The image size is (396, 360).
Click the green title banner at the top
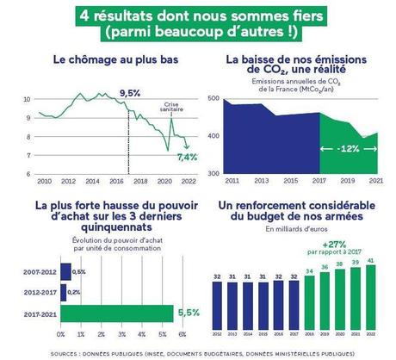click(198, 22)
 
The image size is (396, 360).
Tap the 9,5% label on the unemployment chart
click(130, 92)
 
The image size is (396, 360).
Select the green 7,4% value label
click(187, 157)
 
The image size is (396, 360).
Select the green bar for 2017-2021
click(115, 311)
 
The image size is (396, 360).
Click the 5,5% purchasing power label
click(189, 311)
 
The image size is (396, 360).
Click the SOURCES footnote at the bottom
click(198, 352)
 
